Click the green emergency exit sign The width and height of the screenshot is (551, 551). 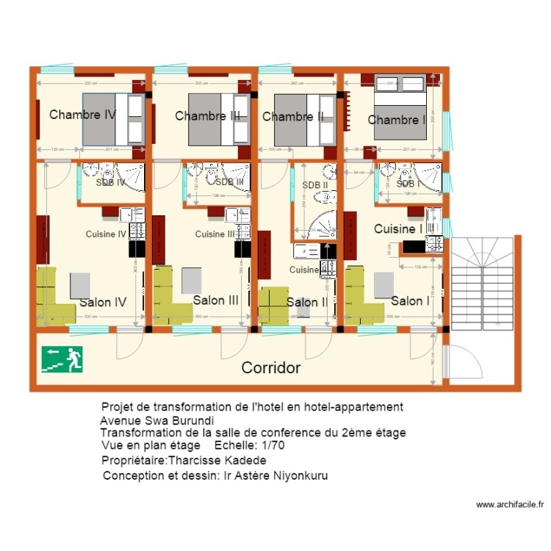62,359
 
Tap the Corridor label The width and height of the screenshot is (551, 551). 271,367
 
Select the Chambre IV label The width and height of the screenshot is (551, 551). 82,115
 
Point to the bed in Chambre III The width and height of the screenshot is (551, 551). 219,119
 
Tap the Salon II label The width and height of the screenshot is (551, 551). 306,303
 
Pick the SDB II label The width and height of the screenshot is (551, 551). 314,185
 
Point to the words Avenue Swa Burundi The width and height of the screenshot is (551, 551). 156,421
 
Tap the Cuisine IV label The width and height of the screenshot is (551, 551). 107,234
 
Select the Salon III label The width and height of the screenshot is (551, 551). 216,300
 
